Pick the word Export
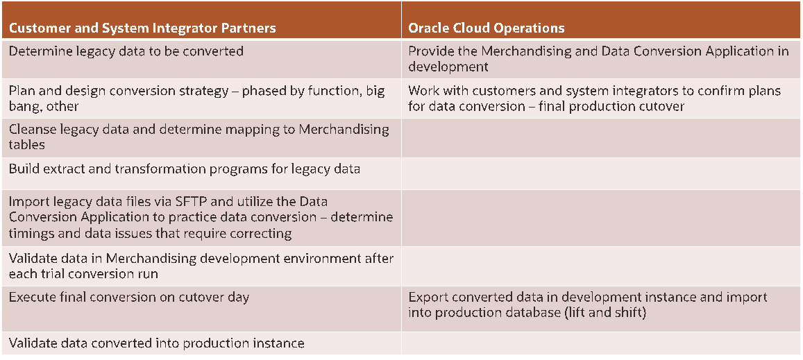pos(426,298)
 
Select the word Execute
pos(31,298)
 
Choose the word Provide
pos(429,51)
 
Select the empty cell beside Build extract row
pos(601,169)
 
